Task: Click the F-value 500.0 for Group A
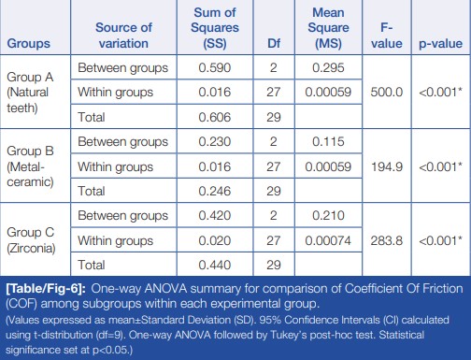387,93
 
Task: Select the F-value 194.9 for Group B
387,166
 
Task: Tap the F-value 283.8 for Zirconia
387,240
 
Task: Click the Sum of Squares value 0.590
215,67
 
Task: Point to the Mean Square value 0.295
328,67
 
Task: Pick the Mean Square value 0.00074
328,240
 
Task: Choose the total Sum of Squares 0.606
215,117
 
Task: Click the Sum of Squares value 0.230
215,142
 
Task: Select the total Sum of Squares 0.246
215,191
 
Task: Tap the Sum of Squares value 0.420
215,216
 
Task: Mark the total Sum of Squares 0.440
215,265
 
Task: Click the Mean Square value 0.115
328,142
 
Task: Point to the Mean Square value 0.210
328,216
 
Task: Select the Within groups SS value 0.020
215,240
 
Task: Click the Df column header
274,43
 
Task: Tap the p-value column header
440,44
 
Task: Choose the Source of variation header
123,36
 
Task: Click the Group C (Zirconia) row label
31,240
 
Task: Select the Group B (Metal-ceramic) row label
30,166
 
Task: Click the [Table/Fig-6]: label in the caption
46,289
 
